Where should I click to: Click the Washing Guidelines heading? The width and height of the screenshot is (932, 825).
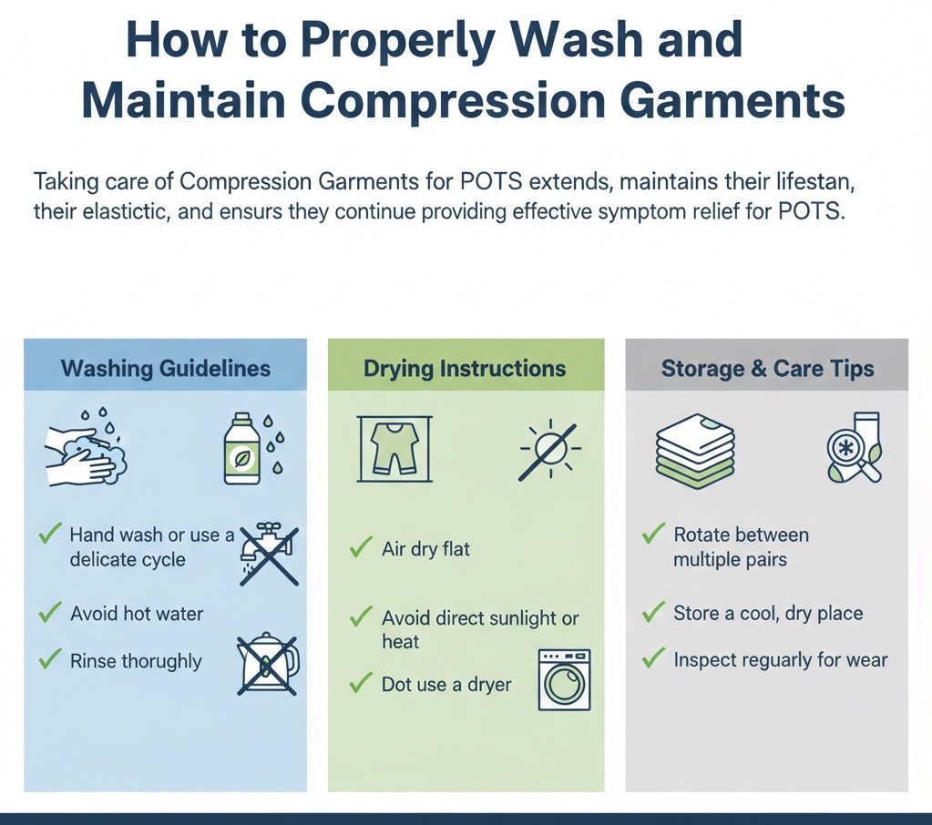(165, 368)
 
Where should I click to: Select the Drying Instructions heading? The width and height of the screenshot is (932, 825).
(465, 369)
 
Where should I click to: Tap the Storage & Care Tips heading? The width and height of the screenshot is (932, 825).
(767, 369)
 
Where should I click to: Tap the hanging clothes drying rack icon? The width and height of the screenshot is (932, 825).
(395, 448)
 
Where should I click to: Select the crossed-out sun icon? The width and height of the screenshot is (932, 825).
(549, 450)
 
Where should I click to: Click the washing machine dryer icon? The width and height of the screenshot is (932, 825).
(564, 679)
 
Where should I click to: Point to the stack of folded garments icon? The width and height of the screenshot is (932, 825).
(695, 450)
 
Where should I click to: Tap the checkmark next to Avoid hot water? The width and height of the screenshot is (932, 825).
(49, 613)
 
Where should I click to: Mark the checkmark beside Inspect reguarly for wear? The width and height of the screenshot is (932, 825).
(652, 658)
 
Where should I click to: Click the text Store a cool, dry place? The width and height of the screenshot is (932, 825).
(767, 613)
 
